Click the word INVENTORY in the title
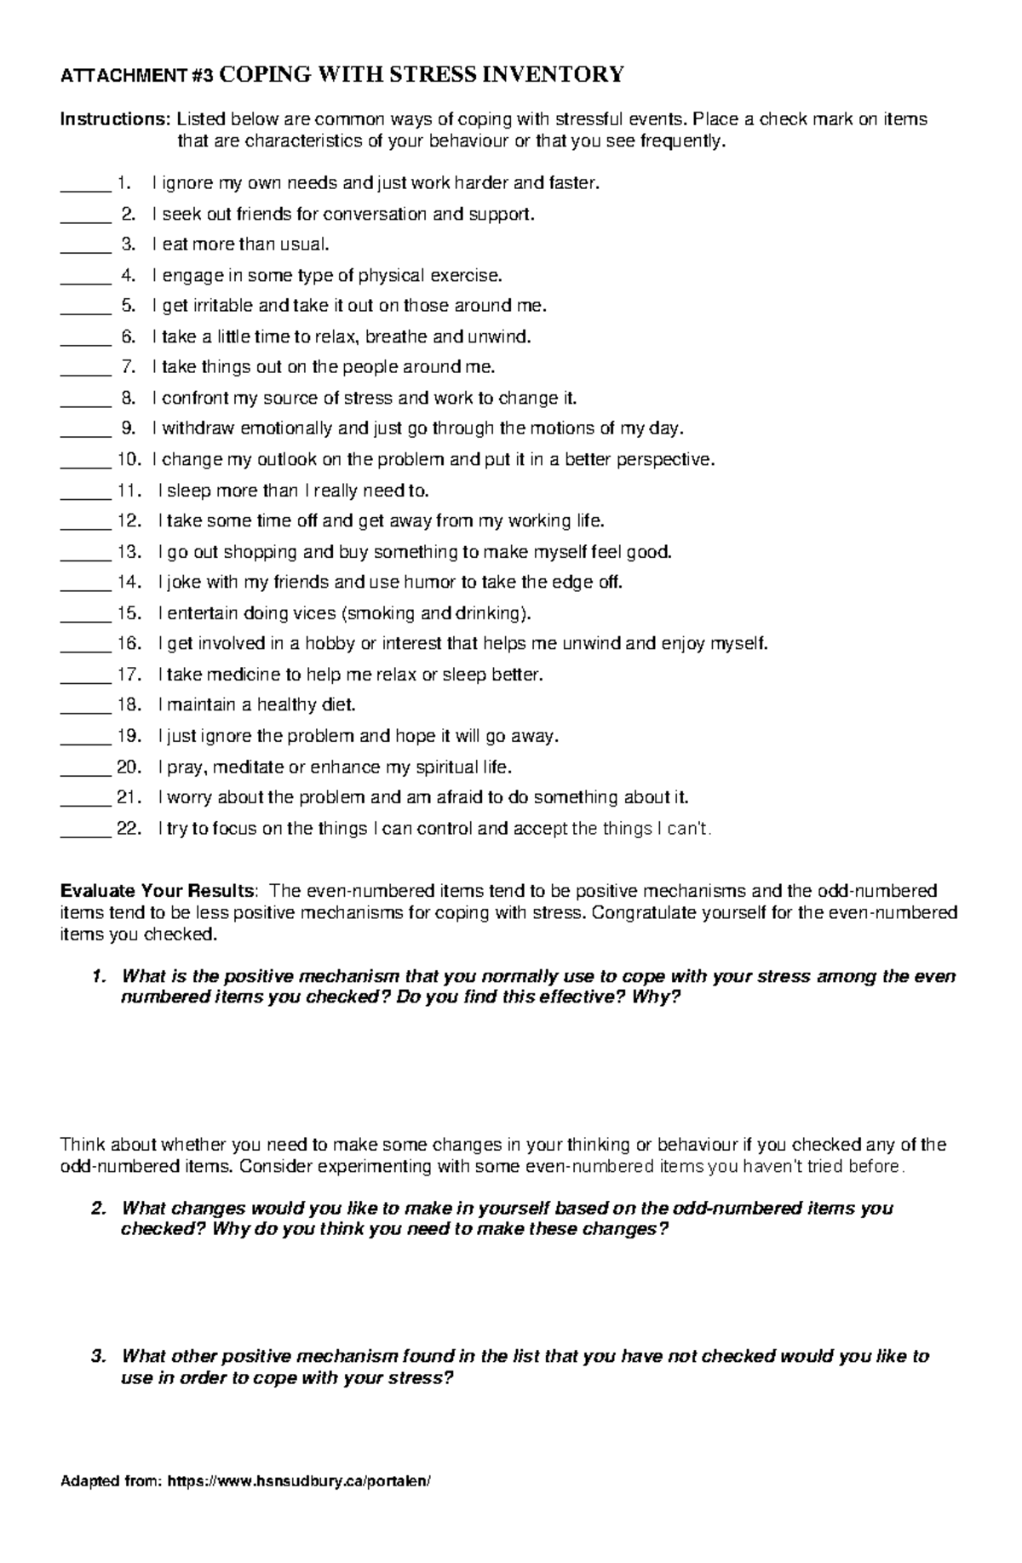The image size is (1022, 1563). (x=554, y=75)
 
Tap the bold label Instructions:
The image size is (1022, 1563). (x=115, y=119)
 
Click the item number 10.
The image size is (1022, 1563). (x=129, y=460)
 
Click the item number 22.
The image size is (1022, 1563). (x=129, y=828)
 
